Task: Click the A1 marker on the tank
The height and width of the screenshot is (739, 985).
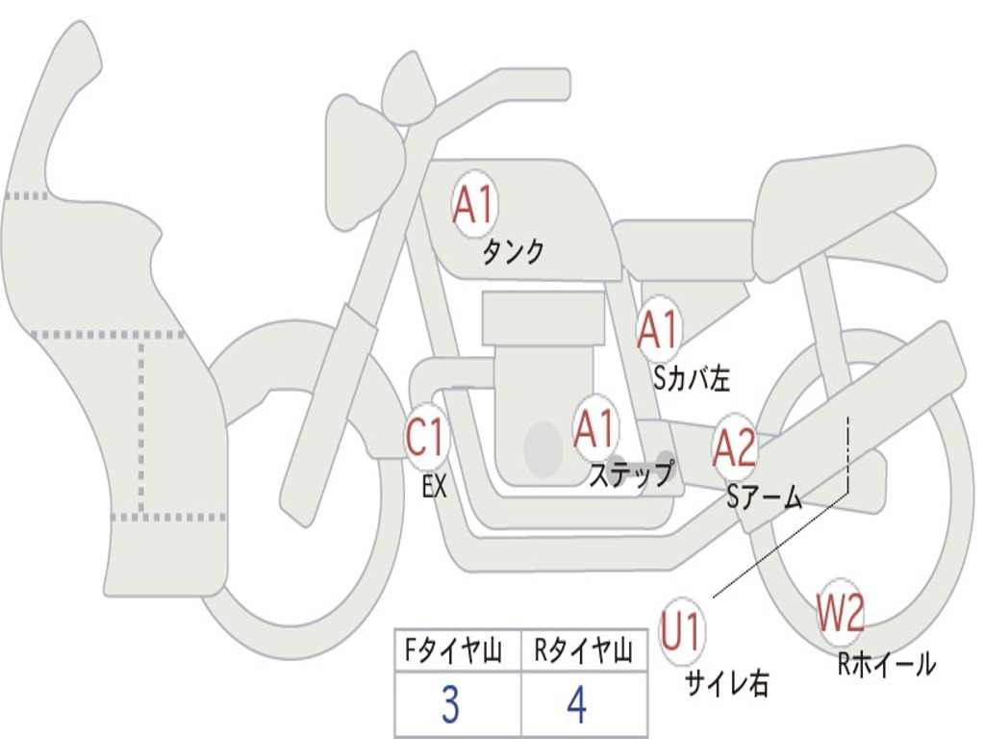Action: coord(473,204)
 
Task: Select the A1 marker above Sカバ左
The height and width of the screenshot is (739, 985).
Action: coord(659,329)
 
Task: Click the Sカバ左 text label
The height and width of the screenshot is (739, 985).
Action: coord(692,379)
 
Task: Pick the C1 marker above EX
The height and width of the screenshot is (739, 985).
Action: coord(426,439)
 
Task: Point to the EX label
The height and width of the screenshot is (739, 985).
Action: coord(434,487)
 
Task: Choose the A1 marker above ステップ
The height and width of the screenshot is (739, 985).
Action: coord(594,428)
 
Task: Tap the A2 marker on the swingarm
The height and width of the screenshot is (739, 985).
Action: coord(735,447)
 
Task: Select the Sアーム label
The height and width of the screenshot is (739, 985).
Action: coord(764,497)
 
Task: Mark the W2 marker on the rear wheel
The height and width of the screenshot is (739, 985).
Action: coord(841,613)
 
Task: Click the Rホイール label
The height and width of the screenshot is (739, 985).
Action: coord(886,664)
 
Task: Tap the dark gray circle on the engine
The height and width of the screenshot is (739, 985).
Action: coord(543,447)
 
